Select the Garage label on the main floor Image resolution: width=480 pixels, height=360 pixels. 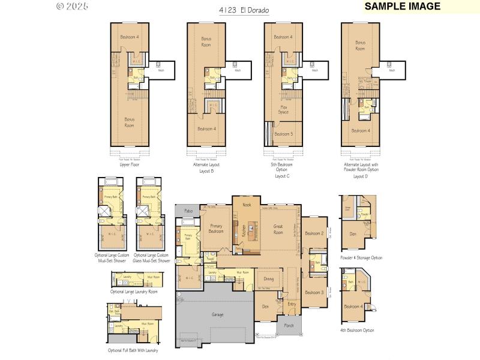click(217, 314)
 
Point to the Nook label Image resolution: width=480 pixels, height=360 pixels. click(247, 205)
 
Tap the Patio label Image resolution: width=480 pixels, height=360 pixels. click(188, 211)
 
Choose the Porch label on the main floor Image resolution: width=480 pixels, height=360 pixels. click(289, 325)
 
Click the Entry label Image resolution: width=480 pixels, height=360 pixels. click(292, 304)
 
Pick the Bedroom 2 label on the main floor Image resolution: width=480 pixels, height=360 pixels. click(314, 233)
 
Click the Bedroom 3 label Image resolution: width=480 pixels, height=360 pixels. click(314, 292)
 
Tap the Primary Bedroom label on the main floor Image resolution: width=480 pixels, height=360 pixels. click(216, 229)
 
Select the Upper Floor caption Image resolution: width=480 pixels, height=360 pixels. click(129, 164)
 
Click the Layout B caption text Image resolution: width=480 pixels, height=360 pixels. click(206, 171)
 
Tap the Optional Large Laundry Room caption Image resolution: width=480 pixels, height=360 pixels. click(134, 292)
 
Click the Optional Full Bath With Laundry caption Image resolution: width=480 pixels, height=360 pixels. click(133, 350)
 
